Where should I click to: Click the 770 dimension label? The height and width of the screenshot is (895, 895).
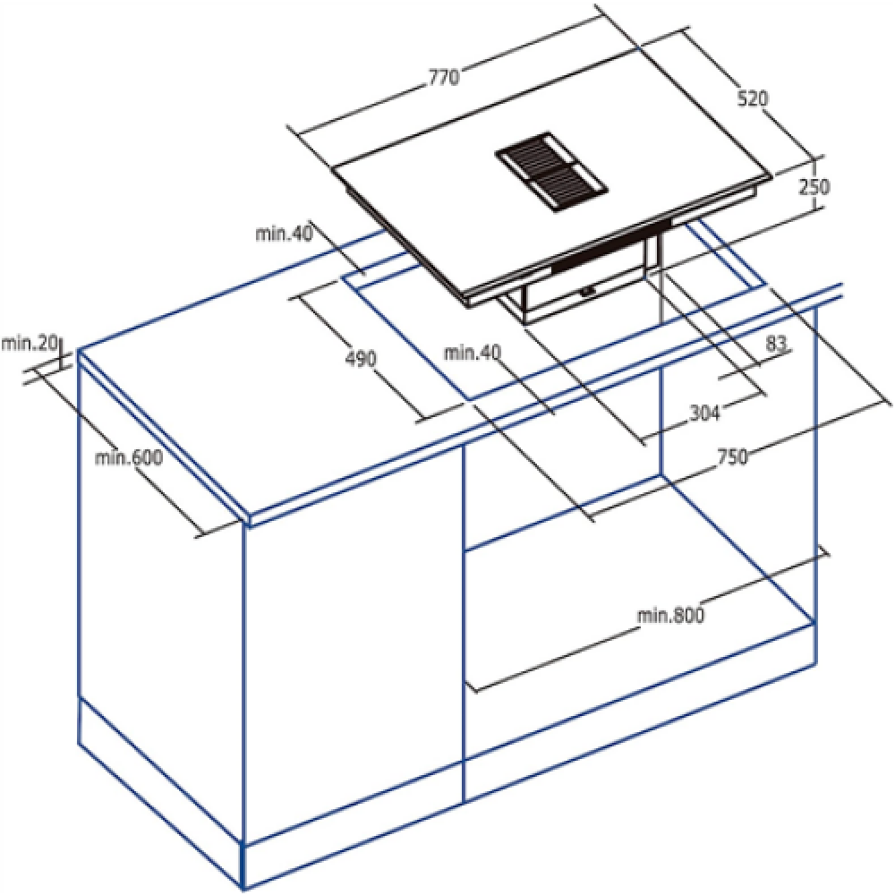(444, 78)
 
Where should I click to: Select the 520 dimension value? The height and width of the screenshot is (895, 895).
(753, 98)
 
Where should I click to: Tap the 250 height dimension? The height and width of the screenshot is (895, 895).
(814, 187)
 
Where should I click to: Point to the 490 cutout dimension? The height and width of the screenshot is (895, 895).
(362, 359)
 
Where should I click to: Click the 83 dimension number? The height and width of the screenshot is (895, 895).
(776, 344)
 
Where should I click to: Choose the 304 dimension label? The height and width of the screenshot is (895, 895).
(705, 412)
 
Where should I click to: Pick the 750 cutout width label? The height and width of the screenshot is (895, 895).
(732, 456)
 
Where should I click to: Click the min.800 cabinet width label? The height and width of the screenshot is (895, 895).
(670, 616)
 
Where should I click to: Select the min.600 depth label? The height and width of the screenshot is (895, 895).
(129, 457)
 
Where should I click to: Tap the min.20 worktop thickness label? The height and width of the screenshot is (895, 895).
(30, 344)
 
